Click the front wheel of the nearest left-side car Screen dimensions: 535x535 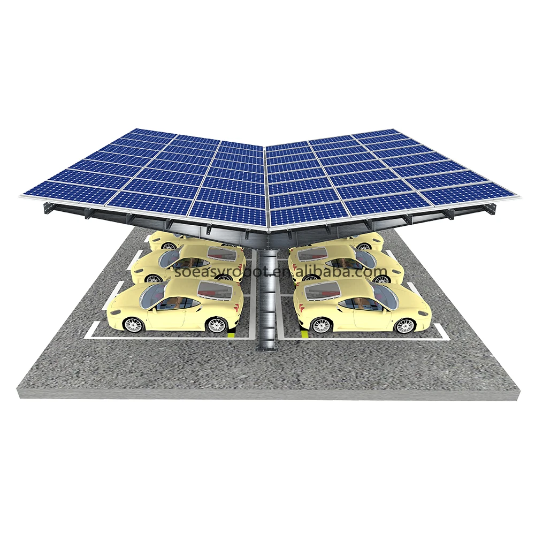coord(133,324)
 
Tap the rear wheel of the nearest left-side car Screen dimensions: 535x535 coord(217,325)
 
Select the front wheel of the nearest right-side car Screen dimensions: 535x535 coord(405,325)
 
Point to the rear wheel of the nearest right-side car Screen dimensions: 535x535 coord(322,325)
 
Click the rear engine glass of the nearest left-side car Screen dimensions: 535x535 coord(214,289)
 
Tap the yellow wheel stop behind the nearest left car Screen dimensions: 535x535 coord(231,334)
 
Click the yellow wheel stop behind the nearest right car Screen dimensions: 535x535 coord(307,334)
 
